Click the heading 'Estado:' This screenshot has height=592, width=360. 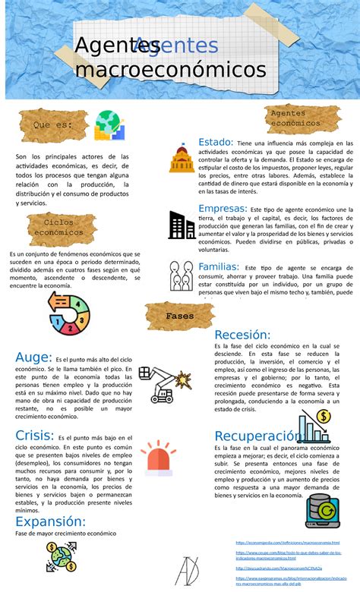click(216, 142)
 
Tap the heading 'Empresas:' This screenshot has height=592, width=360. click(222, 208)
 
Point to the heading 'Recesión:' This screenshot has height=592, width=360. click(242, 335)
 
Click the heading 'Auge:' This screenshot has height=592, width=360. click(33, 357)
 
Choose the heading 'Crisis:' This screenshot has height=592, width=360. click(34, 435)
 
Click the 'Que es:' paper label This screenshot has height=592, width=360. click(52, 124)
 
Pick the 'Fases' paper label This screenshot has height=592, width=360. click(180, 316)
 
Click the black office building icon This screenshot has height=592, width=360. click(182, 225)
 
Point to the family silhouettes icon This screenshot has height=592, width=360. click(182, 277)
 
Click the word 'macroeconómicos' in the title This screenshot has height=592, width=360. click(170, 71)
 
